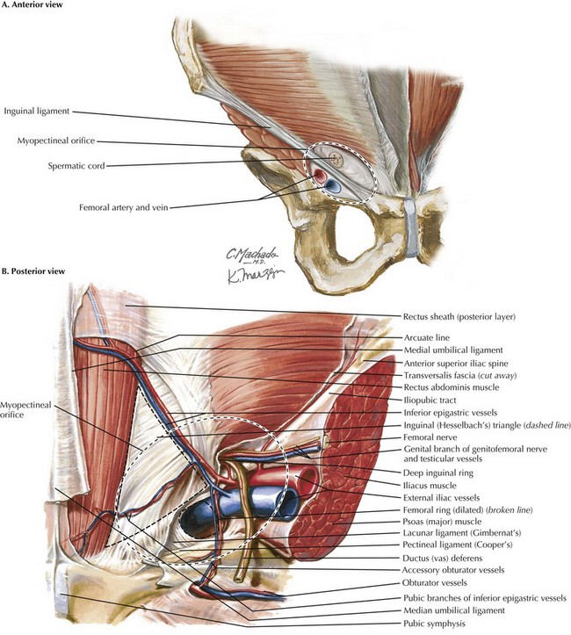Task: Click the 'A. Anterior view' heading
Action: (x=33, y=5)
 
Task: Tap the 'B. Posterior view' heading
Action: (x=33, y=271)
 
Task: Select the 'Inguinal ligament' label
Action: (x=37, y=112)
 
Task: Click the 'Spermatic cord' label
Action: (x=76, y=166)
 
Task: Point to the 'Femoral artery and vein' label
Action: (x=124, y=208)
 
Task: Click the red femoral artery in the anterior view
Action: (x=320, y=175)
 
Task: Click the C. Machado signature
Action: (x=251, y=255)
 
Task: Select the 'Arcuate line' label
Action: (x=427, y=337)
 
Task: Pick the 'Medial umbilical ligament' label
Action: (x=453, y=350)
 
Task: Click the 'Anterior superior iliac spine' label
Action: (x=456, y=364)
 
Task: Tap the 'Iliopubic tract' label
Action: (x=430, y=400)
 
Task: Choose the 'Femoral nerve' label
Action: (x=430, y=437)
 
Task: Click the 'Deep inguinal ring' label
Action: (x=438, y=473)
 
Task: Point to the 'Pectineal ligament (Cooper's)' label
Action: (x=458, y=545)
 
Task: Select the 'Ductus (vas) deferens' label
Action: (x=443, y=558)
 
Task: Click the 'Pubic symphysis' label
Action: (x=434, y=624)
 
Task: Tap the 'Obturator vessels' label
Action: (x=435, y=583)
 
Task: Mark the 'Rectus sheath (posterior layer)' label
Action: (x=459, y=317)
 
